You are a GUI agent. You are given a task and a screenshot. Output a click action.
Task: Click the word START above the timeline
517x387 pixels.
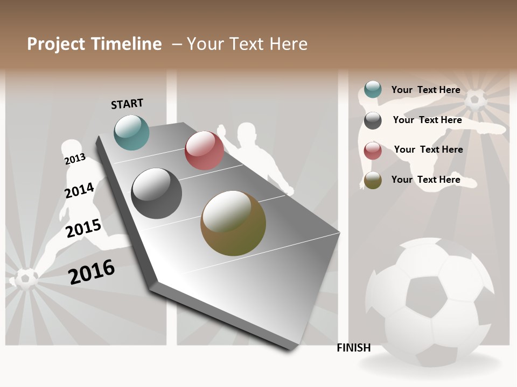tap(127, 104)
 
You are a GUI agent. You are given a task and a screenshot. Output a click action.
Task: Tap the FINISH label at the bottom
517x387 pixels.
tap(354, 348)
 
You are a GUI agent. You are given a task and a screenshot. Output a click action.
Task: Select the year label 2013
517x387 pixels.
tap(75, 159)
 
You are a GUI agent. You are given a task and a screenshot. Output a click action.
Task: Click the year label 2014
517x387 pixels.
tap(79, 191)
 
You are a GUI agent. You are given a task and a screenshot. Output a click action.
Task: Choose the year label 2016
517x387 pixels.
tap(92, 272)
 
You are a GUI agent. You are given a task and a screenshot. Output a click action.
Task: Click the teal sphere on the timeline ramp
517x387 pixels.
tap(132, 132)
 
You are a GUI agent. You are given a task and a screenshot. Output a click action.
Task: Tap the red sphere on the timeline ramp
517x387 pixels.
tap(204, 150)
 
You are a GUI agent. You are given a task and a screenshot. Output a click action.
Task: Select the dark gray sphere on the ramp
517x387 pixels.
tap(157, 193)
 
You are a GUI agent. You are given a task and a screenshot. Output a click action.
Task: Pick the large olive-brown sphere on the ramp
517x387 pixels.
tap(233, 223)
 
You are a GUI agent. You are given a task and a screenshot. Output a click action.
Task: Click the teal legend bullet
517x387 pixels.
tap(373, 90)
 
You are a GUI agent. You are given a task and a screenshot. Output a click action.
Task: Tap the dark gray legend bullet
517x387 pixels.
tap(373, 120)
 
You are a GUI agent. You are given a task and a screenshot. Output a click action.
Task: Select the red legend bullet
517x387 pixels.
tap(373, 150)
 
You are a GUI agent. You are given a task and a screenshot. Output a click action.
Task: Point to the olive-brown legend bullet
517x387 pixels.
tap(373, 181)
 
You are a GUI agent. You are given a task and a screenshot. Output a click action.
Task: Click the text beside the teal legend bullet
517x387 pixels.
tap(425, 90)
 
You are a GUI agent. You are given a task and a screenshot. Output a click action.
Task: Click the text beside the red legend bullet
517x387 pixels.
tap(428, 149)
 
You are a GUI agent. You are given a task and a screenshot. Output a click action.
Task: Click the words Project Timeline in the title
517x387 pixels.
tap(94, 44)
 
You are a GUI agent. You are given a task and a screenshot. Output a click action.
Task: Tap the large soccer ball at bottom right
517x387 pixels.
tap(429, 301)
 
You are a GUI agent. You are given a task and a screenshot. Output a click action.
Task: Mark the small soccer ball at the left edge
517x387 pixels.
tap(25, 278)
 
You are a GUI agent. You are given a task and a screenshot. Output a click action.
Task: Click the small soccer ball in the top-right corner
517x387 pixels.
tap(475, 100)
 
